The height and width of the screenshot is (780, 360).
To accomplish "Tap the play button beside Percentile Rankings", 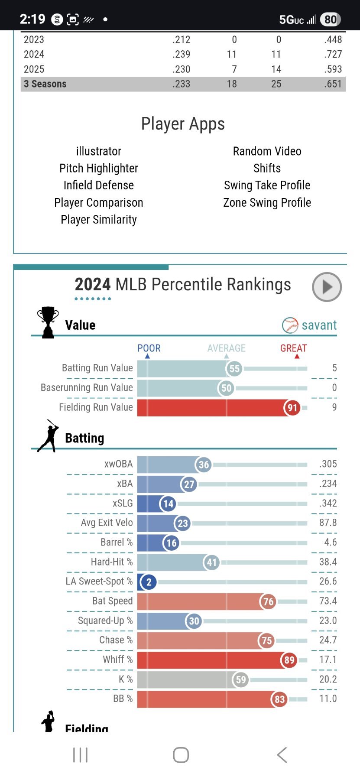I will [327, 287].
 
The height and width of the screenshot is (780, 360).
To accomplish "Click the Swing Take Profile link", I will [267, 185].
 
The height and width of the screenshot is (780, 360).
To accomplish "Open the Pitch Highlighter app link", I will [99, 168].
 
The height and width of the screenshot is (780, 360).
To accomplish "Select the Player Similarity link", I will [99, 220].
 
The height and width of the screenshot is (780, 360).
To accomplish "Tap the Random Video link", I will [267, 151].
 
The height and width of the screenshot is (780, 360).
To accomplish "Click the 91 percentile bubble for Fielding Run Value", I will [292, 408].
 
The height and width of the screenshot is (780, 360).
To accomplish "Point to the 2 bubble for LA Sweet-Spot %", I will [149, 582].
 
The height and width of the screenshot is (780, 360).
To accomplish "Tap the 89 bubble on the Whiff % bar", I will [289, 660].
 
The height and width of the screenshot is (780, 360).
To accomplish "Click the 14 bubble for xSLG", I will [168, 504].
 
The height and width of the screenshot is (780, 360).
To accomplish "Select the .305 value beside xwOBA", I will [328, 464].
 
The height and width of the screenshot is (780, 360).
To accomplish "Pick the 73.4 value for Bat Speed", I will [328, 601].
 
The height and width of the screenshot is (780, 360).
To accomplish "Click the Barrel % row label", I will [117, 543].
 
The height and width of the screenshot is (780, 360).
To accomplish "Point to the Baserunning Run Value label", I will [87, 387].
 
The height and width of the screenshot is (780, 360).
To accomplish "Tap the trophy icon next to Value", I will [48, 322].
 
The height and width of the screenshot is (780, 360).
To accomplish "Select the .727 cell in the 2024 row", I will [333, 54].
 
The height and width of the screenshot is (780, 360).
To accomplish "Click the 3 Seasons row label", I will [45, 84].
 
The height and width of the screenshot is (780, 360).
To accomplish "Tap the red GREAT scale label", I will [293, 348].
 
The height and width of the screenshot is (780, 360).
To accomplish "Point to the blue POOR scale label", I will [149, 348].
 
